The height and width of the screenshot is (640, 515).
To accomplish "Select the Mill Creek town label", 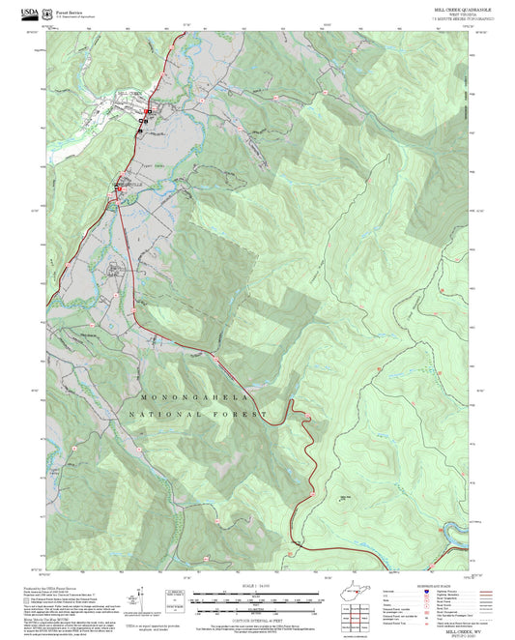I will pyautogui.click(x=129, y=93).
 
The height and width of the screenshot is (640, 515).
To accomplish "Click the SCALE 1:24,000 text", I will pyautogui.click(x=256, y=586).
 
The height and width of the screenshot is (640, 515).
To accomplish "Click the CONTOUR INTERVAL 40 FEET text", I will pyautogui.click(x=256, y=622).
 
